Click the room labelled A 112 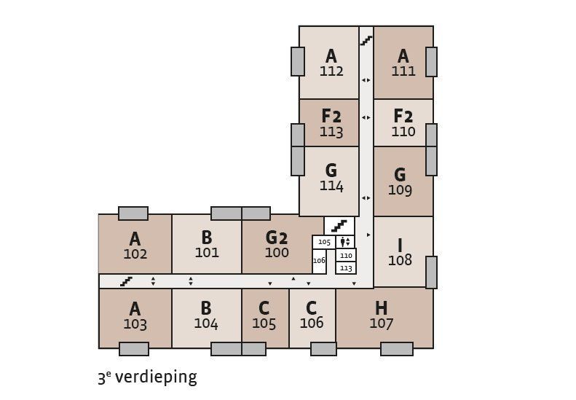(331, 63)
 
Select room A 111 (403, 63)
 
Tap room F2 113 (331, 123)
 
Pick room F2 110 (403, 123)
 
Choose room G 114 (331, 178)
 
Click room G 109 (400, 182)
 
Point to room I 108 (400, 252)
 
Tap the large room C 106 (312, 315)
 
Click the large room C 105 (264, 316)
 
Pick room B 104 (206, 316)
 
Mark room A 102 (135, 246)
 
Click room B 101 (207, 245)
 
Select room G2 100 (277, 245)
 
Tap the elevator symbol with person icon (346, 242)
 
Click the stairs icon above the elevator (339, 226)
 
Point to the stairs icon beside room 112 (366, 41)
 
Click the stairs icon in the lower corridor (126, 281)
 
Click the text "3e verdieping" (147, 377)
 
